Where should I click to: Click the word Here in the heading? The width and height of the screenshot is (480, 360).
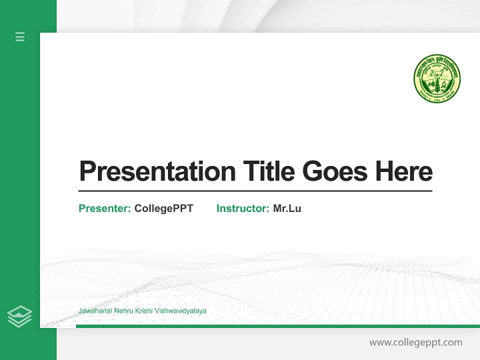pyautogui.click(x=403, y=171)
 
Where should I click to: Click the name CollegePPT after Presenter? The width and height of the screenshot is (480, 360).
pyautogui.click(x=163, y=208)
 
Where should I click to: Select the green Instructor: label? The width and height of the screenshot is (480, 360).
pyautogui.click(x=243, y=208)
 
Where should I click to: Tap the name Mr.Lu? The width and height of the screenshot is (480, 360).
pyautogui.click(x=287, y=208)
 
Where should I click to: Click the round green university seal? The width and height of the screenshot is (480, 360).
pyautogui.click(x=436, y=79)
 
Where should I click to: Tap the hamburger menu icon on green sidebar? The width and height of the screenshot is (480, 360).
pyautogui.click(x=20, y=36)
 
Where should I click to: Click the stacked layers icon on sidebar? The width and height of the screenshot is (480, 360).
pyautogui.click(x=19, y=316)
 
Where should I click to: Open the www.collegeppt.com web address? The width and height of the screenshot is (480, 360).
pyautogui.click(x=415, y=342)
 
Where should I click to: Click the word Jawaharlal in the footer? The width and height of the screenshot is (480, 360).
pyautogui.click(x=95, y=311)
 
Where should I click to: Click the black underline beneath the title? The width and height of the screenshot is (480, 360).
pyautogui.click(x=255, y=191)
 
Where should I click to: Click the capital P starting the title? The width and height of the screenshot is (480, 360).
pyautogui.click(x=87, y=171)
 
